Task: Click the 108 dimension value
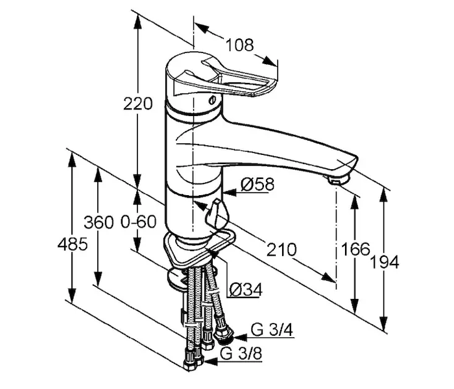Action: tap(239, 45)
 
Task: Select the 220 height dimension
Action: tap(137, 104)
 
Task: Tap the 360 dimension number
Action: tap(99, 222)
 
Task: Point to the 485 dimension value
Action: tap(73, 244)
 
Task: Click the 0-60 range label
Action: tap(138, 222)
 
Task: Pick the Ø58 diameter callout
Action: tap(257, 184)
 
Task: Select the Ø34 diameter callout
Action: tap(246, 290)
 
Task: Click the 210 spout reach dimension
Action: tap(281, 250)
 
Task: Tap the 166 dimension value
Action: tap(355, 249)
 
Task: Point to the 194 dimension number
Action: tap(385, 263)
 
